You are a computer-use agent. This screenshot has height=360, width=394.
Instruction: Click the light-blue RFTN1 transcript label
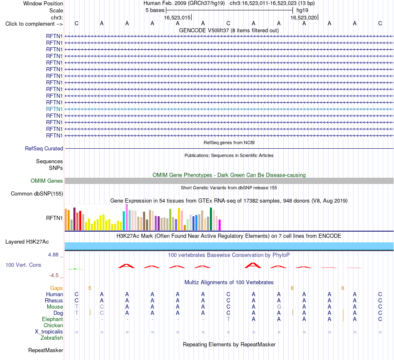point(54,109)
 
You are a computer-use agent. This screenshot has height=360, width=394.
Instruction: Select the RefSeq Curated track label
point(44,149)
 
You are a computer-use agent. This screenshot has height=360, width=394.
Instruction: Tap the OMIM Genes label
point(47,181)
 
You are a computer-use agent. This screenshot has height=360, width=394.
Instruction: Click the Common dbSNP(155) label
point(37,194)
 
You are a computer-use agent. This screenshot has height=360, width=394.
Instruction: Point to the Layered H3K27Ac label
point(27,242)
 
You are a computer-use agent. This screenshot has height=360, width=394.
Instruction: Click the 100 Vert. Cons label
point(23,265)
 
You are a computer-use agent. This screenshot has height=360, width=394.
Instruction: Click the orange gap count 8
point(292,288)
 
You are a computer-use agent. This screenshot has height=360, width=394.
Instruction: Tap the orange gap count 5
point(90,288)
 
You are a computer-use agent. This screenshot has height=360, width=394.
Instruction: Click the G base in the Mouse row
point(279,307)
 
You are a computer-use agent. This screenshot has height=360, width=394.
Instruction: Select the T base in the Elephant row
point(228,319)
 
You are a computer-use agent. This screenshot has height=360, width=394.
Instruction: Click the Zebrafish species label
point(52,338)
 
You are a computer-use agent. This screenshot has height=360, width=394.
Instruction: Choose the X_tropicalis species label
point(49,332)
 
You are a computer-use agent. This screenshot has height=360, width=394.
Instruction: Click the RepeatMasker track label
point(46,350)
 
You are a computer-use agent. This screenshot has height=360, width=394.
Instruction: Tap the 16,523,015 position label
point(177,17)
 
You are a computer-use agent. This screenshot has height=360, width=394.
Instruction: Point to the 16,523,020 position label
point(304,17)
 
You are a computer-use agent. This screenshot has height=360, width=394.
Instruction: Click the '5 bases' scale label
point(155,10)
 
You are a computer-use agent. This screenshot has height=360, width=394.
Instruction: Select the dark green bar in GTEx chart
point(211,219)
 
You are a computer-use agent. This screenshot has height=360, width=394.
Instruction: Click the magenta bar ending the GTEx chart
point(219,225)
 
